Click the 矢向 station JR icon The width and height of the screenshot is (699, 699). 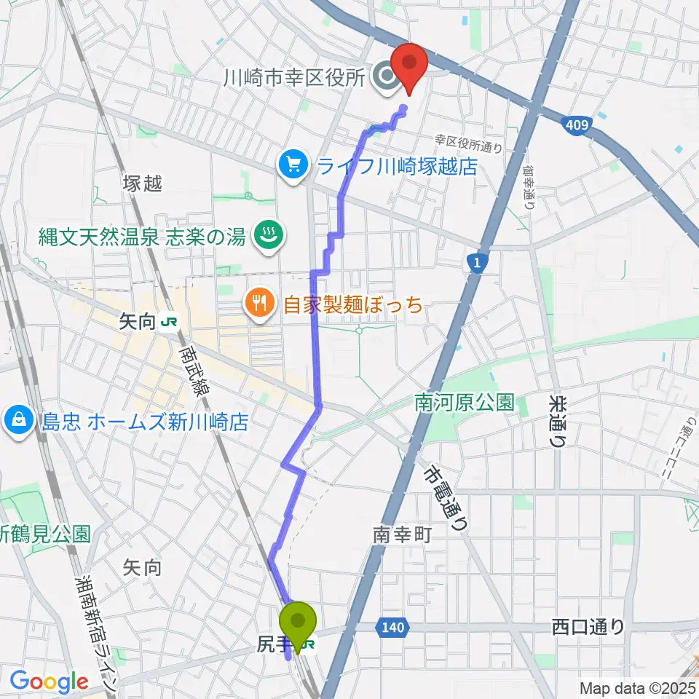click(x=170, y=320)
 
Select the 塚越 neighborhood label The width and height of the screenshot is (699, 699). click(x=143, y=183)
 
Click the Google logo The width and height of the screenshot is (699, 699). click(x=49, y=682)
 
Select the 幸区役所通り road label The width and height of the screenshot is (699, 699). click(x=468, y=142)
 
